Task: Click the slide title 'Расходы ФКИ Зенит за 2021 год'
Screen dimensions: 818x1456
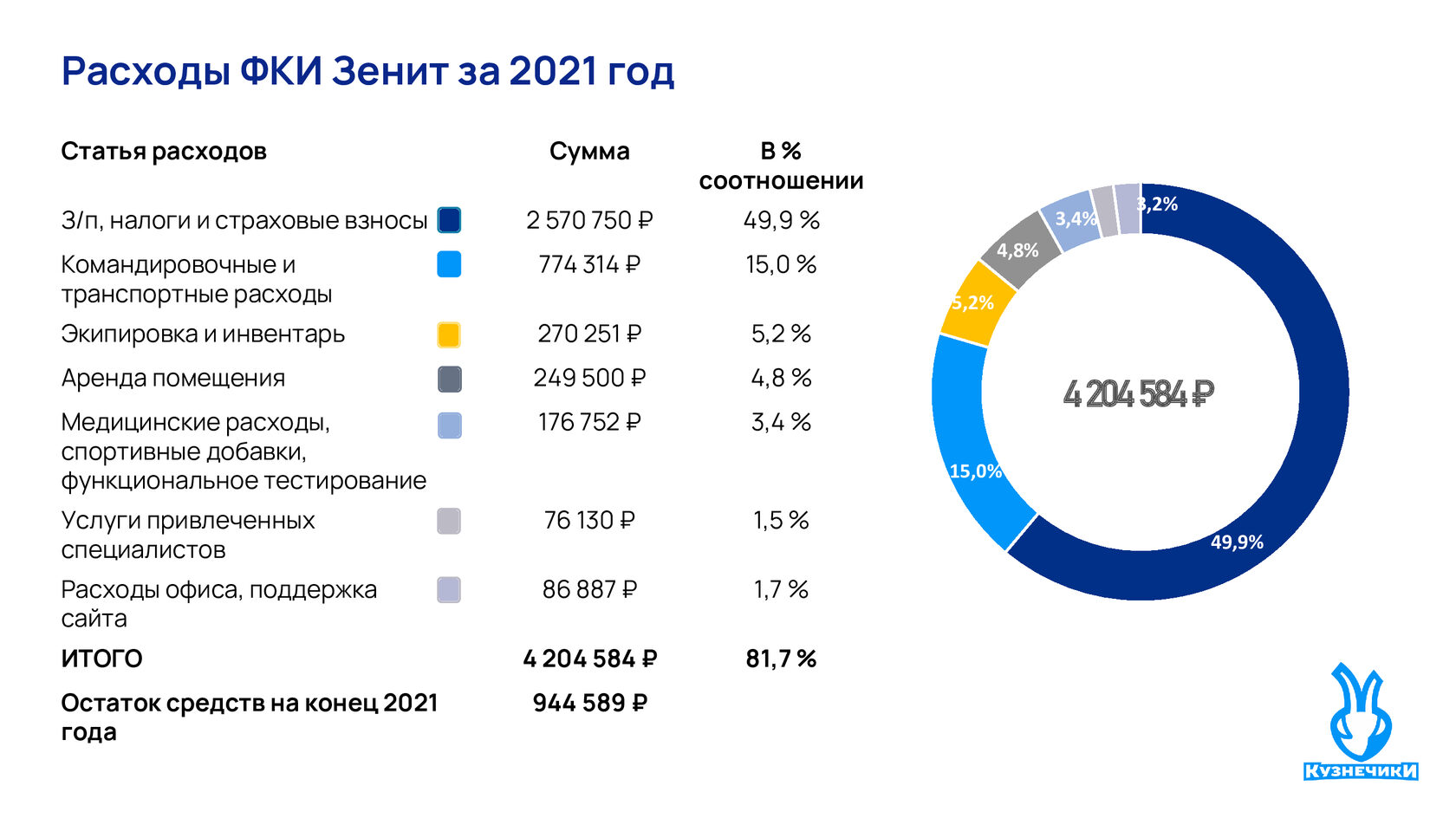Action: point(367,71)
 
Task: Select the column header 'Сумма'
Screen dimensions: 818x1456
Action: point(589,152)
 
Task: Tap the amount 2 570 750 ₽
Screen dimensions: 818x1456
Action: point(589,221)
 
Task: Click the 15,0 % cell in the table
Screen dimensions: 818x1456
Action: point(781,265)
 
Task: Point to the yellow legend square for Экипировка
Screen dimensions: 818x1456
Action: point(449,335)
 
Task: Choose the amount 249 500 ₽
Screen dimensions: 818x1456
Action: point(589,379)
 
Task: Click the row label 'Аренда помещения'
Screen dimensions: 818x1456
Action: point(173,379)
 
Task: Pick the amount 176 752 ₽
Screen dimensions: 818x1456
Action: point(589,423)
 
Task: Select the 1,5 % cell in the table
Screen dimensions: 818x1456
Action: point(781,521)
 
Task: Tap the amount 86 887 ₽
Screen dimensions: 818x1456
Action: point(589,590)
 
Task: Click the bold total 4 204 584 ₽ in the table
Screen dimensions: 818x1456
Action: point(589,659)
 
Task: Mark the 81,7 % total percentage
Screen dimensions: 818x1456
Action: point(781,659)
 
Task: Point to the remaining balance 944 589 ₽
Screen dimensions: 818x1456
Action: point(589,704)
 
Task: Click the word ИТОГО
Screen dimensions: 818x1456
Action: point(101,659)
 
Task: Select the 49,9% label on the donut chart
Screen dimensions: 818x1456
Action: point(1237,542)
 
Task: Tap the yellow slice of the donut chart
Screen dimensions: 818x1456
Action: point(977,303)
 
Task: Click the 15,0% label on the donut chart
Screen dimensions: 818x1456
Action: point(975,471)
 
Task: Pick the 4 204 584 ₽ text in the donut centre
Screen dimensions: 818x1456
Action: point(1139,395)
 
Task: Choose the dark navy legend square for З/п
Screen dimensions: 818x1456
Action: point(449,221)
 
